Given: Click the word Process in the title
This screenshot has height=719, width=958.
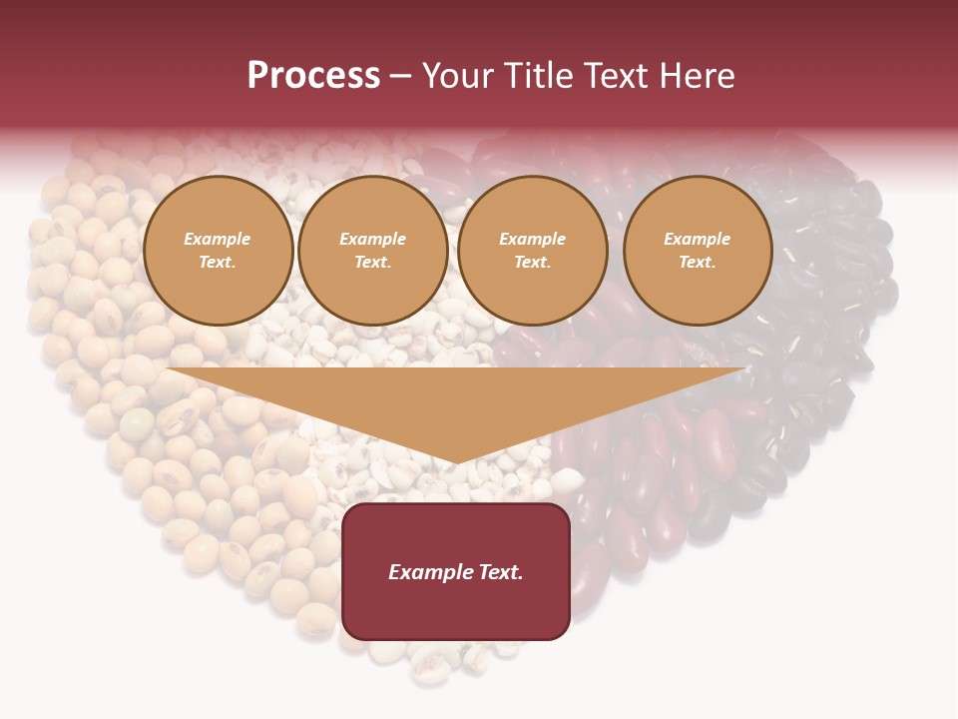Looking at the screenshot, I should pyautogui.click(x=313, y=76).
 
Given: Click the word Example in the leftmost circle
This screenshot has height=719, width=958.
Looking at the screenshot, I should pyautogui.click(x=218, y=239).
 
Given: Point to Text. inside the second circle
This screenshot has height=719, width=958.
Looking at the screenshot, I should pyautogui.click(x=373, y=263).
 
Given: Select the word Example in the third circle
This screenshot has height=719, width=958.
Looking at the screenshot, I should pyautogui.click(x=533, y=239).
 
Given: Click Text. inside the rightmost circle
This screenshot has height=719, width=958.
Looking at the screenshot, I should pyautogui.click(x=698, y=263).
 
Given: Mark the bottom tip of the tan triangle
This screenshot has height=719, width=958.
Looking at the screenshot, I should pyautogui.click(x=456, y=461).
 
